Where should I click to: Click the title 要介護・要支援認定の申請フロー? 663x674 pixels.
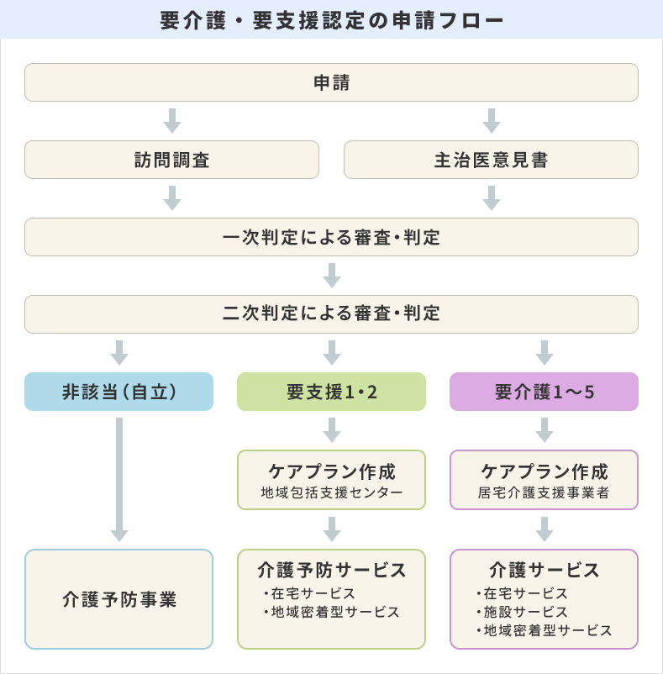(331, 19)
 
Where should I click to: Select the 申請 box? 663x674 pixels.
(331, 82)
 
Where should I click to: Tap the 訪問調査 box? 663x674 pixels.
(171, 160)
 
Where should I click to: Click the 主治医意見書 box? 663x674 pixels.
(491, 160)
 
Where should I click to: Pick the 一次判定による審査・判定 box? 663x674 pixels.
(331, 237)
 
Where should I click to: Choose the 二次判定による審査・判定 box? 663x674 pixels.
(331, 314)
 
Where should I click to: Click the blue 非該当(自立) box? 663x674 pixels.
(118, 392)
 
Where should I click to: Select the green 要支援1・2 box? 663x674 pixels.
(331, 392)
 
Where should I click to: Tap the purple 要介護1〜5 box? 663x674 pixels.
(544, 392)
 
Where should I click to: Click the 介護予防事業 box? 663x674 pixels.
(118, 599)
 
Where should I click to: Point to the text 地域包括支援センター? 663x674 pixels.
(331, 492)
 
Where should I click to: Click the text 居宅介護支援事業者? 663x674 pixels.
(544, 492)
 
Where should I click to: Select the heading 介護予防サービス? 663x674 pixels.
(331, 570)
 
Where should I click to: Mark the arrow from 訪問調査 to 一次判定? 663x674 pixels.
(172, 198)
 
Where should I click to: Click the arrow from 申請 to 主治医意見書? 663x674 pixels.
(492, 121)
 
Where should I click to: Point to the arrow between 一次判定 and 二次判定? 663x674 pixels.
(332, 276)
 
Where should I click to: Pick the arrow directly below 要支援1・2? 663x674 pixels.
(332, 430)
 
